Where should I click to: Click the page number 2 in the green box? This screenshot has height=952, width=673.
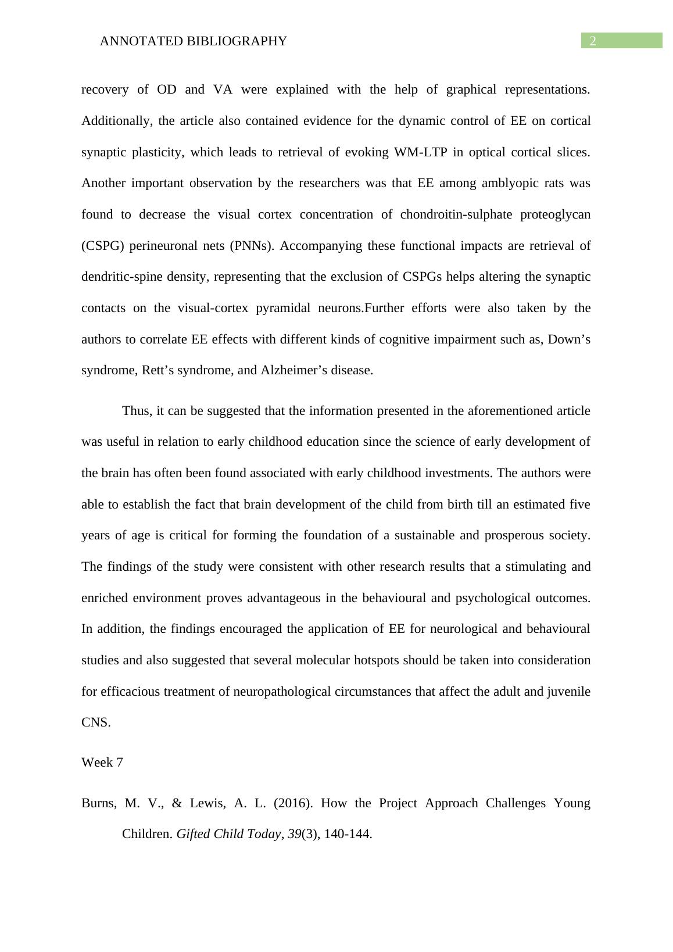593,41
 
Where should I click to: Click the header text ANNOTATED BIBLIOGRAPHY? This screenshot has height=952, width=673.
194,41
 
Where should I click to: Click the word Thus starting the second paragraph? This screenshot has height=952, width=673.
136,411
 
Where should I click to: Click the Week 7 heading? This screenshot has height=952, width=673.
102,763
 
